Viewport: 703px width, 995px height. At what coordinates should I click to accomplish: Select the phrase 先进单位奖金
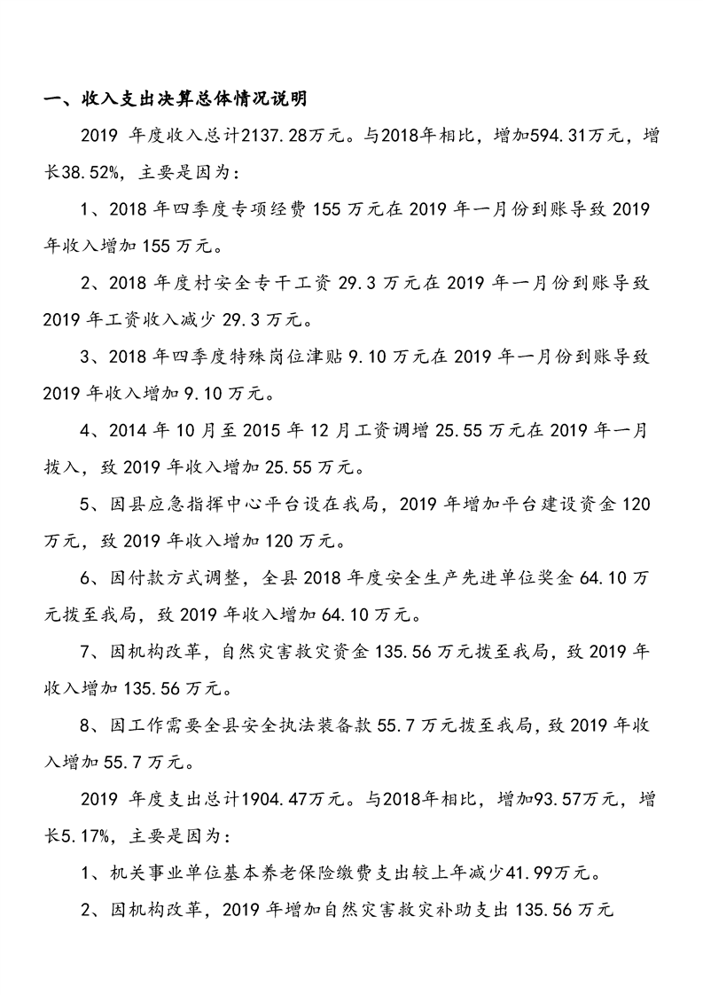click(512, 580)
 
